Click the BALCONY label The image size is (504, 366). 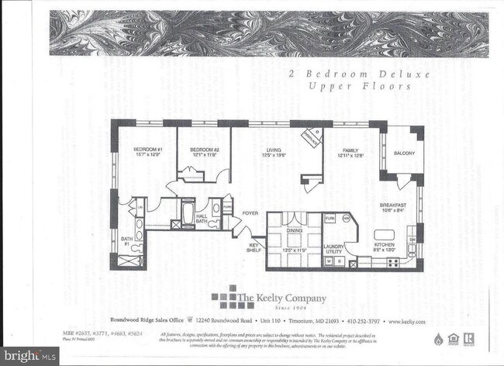(x=404, y=154)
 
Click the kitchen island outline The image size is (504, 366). (x=385, y=233)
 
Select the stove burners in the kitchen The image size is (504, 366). (x=392, y=262)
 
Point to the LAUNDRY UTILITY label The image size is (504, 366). (x=334, y=249)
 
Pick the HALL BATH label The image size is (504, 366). (x=202, y=220)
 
